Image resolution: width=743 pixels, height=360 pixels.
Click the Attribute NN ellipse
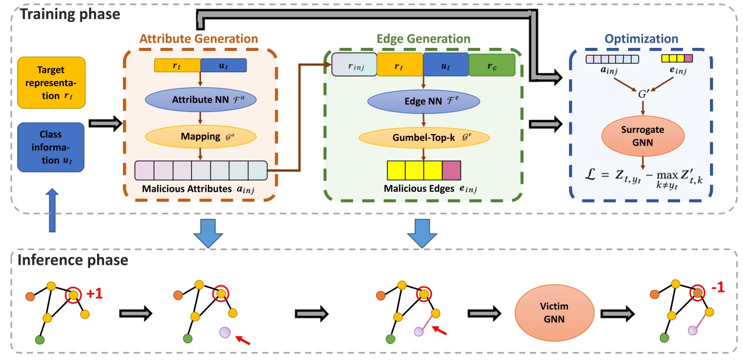click(x=200, y=99)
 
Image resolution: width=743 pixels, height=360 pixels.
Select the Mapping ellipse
click(x=200, y=138)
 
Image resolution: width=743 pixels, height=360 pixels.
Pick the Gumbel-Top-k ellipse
click(x=425, y=138)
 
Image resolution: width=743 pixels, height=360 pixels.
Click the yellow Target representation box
click(x=51, y=82)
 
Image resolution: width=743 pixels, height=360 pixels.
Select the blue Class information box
click(x=51, y=146)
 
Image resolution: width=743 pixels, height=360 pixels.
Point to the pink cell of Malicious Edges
click(x=452, y=170)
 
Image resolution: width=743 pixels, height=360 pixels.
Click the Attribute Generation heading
click(x=199, y=39)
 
